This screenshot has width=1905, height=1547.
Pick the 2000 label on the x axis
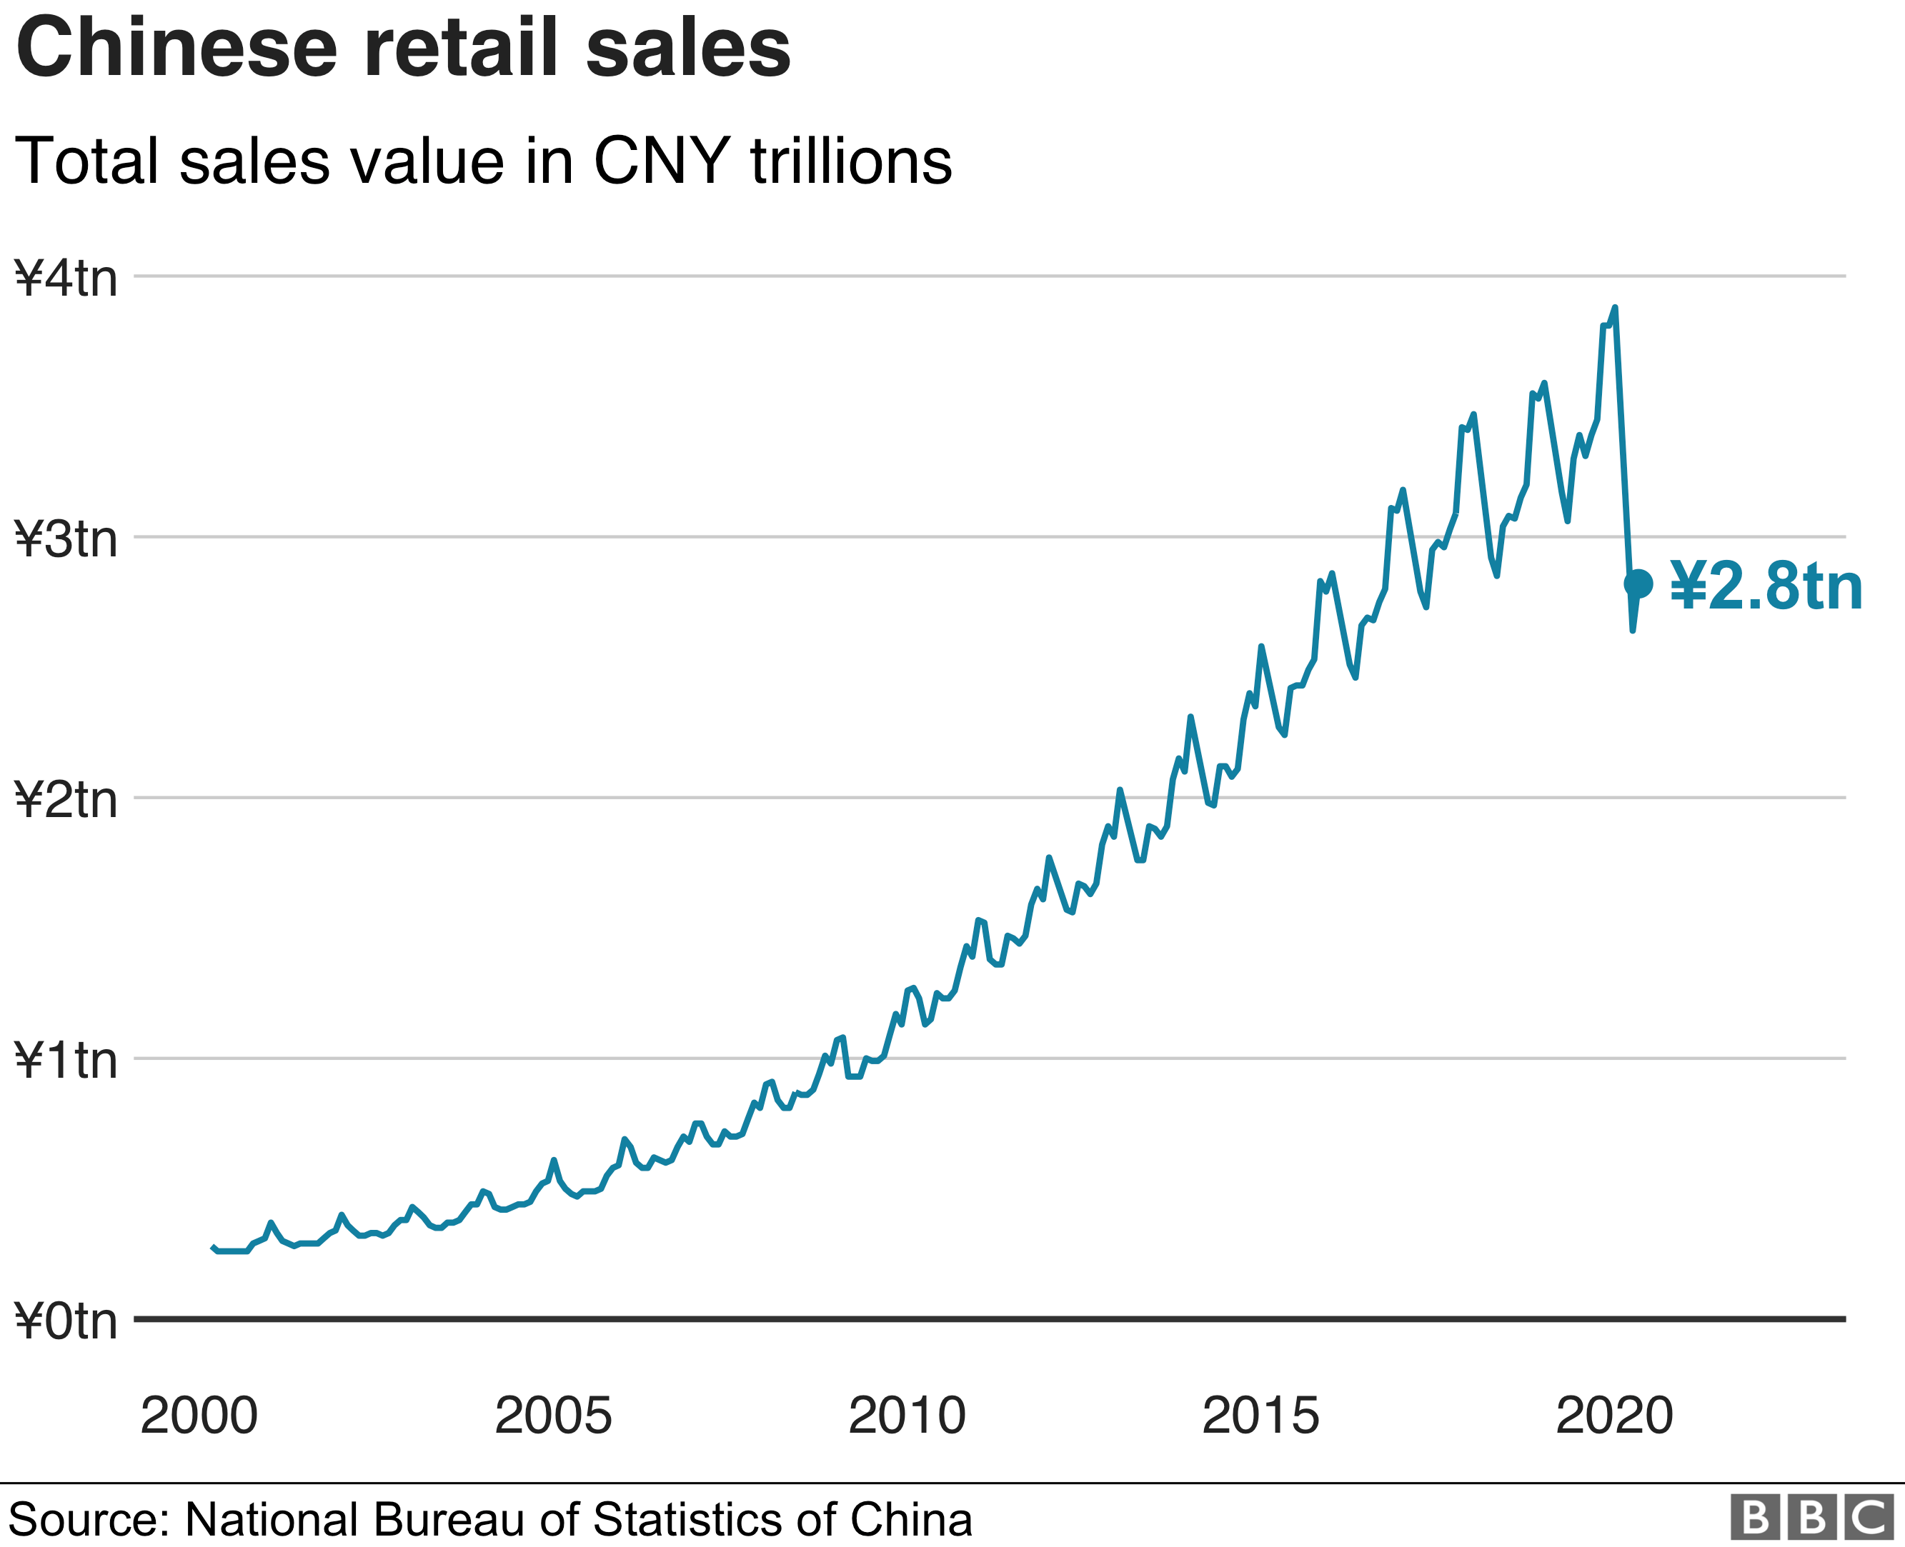pos(199,1415)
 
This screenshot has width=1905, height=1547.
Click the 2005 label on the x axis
pos(554,1415)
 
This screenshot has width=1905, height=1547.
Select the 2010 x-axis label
pos(907,1415)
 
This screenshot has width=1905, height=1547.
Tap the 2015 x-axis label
pos(1260,1415)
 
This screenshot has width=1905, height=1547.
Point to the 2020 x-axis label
pos(1614,1415)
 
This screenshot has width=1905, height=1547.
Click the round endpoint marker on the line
pos(1638,584)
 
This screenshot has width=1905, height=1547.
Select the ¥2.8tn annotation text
pos(1766,587)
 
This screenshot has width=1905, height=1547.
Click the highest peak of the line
pos(1614,309)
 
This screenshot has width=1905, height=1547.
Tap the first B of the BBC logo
pos(1754,1517)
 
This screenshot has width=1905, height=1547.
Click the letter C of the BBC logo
pos(1870,1517)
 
